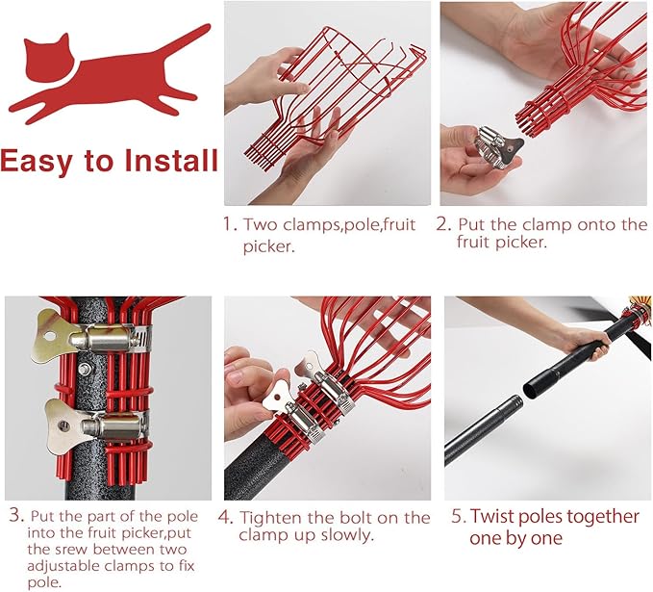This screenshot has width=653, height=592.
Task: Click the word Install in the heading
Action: pos(171,161)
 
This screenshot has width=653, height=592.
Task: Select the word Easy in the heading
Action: pos(36,163)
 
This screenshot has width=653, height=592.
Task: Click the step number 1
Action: pos(230,224)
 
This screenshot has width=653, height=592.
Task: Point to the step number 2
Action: pos(443,224)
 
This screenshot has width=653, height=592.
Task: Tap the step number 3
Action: pos(16,515)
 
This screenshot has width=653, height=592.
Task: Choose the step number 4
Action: pos(225,517)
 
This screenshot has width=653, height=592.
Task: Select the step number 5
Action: pos(459,516)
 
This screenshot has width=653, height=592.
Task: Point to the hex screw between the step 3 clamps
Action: pos(85,368)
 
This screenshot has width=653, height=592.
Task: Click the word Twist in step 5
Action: pos(494,516)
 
